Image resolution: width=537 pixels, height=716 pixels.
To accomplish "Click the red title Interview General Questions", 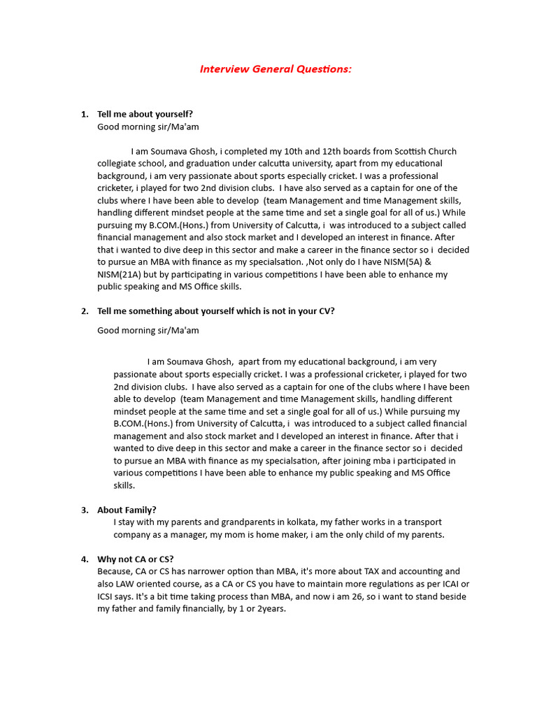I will [275, 69].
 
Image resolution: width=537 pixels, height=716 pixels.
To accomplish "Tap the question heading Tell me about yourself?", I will [145, 114].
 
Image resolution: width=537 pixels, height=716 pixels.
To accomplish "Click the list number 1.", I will [84, 114].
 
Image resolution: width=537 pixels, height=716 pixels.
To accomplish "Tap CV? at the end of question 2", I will [326, 311].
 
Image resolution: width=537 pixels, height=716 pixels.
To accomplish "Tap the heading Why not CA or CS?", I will [136, 559].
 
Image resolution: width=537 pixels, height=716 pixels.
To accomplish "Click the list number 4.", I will [84, 559].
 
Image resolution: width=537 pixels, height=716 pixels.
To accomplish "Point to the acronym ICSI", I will [108, 596].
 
